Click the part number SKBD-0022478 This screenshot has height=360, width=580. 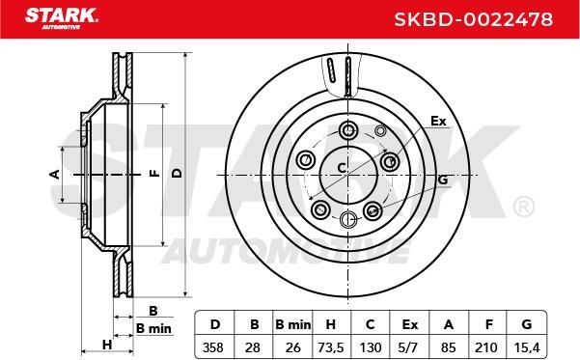point(474,19)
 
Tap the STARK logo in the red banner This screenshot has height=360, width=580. point(62,18)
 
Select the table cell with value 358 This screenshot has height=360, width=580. point(213,347)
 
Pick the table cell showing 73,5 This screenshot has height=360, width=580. point(331,347)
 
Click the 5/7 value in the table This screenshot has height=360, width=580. point(409,347)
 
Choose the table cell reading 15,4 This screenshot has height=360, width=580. point(527,347)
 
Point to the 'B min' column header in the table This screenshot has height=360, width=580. point(293,324)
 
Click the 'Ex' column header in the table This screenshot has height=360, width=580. point(409,324)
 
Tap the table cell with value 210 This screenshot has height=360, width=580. point(486,347)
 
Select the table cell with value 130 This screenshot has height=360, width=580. point(371,347)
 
